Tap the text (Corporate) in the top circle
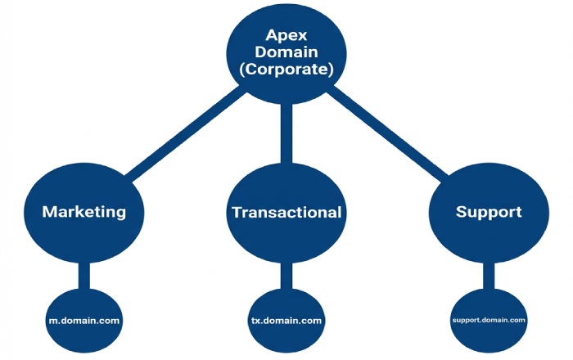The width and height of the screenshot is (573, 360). point(286,70)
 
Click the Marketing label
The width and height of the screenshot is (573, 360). point(84,212)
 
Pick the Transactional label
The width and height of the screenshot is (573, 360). point(286,213)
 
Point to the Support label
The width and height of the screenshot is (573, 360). point(488,212)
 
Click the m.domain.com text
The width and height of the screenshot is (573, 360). point(84,320)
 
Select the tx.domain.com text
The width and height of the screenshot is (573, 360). point(286,320)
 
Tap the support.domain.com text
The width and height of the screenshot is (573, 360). point(488,320)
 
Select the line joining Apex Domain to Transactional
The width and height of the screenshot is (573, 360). point(286,135)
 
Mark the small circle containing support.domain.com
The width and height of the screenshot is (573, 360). point(488,335)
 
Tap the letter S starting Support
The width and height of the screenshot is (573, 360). point(459,212)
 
